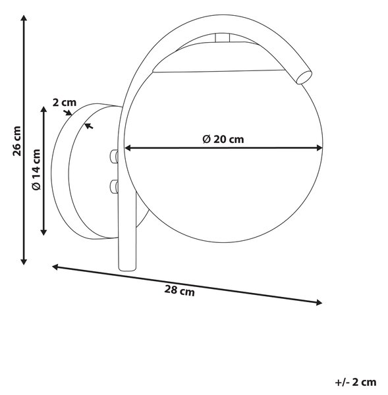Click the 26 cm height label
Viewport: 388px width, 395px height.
pos(17,142)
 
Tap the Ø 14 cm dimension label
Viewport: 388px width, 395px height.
pos(36,170)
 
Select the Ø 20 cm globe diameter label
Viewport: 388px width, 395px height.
pos(223,140)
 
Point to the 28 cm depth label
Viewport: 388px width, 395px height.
pos(179,290)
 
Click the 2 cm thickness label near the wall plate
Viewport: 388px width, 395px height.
pos(65,103)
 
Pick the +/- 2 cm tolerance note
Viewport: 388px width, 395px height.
pos(356,382)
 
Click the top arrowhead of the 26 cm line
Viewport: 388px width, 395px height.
pos(24,18)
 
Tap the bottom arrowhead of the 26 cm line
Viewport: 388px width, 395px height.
pos(24,261)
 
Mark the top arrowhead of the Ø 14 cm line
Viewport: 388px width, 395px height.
pos(44,110)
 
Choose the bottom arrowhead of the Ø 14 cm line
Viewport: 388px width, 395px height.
pos(44,232)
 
